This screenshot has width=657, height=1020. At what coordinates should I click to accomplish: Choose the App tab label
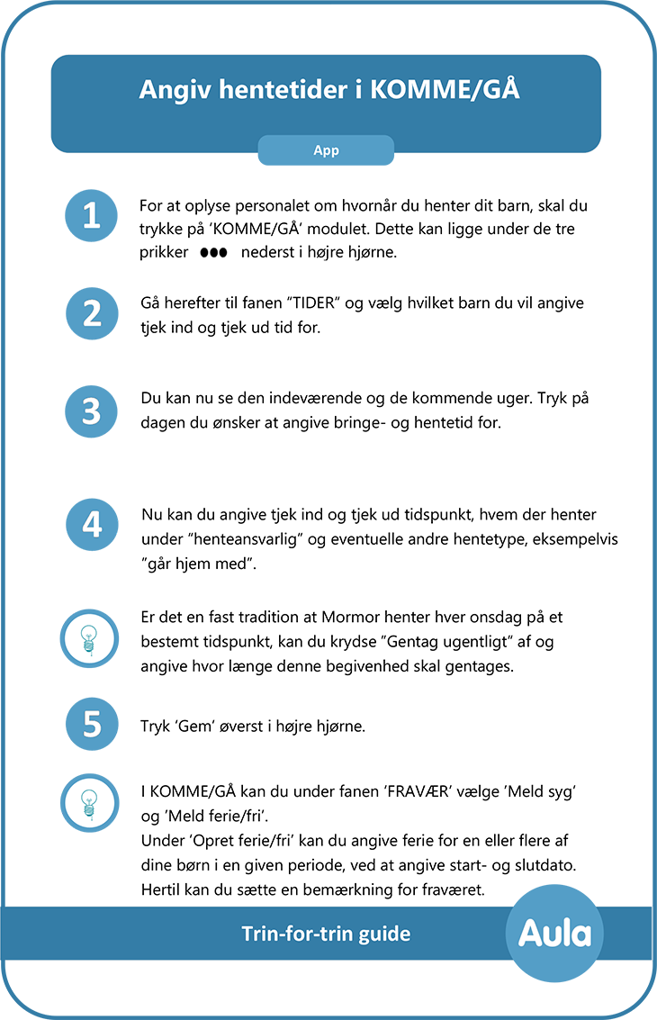click(326, 151)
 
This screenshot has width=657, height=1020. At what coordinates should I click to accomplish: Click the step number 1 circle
click(92, 216)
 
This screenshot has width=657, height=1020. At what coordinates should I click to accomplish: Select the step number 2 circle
click(92, 314)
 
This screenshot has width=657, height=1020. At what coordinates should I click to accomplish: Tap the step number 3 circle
click(92, 411)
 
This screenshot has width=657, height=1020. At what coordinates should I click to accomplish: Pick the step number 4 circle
click(92, 523)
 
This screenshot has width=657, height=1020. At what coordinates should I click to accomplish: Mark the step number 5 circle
click(92, 724)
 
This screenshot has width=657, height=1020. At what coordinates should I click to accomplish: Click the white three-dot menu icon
click(213, 253)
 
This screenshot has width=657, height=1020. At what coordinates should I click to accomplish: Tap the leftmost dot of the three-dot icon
click(204, 253)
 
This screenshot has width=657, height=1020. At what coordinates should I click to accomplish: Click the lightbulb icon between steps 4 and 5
click(90, 638)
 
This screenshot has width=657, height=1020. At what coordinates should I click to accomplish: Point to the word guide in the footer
click(385, 934)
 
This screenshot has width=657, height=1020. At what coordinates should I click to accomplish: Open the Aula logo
click(554, 933)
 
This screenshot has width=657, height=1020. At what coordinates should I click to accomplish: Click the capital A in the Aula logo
click(531, 933)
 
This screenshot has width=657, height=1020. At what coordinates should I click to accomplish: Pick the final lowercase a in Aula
click(581, 934)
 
